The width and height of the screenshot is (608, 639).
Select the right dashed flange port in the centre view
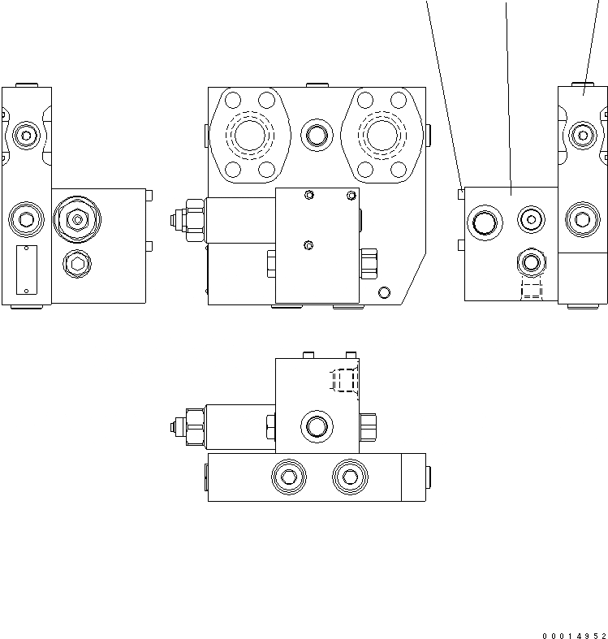tap(378, 134)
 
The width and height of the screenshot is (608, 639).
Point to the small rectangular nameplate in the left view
tap(27, 269)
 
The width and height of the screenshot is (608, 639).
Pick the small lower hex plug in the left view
tap(76, 261)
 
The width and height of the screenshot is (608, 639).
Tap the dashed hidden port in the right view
tap(531, 291)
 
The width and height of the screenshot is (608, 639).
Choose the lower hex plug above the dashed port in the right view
tap(532, 261)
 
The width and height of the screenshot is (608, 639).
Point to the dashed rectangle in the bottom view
tap(344, 381)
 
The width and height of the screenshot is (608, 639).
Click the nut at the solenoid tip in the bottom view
tap(176, 425)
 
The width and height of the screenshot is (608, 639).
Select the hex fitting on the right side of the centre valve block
tap(369, 261)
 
